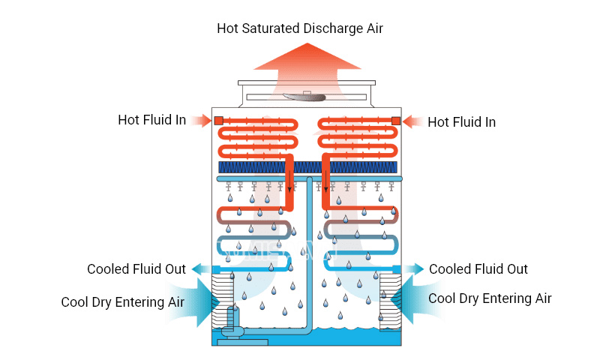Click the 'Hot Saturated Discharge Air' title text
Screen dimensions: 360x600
tap(300, 28)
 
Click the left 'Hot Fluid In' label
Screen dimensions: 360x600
tap(151, 120)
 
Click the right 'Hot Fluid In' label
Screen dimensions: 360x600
tap(461, 121)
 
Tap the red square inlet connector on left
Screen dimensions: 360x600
tap(218, 120)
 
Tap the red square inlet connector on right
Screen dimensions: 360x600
tap(395, 121)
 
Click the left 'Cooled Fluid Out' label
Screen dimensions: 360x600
tap(136, 269)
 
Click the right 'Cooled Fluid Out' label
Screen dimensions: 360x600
tap(478, 269)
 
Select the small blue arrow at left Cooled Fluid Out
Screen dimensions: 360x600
tap(200, 269)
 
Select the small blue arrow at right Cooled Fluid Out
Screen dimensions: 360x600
tap(413, 269)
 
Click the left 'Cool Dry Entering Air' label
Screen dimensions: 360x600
tap(123, 302)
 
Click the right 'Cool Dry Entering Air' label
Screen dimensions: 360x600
tap(490, 298)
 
